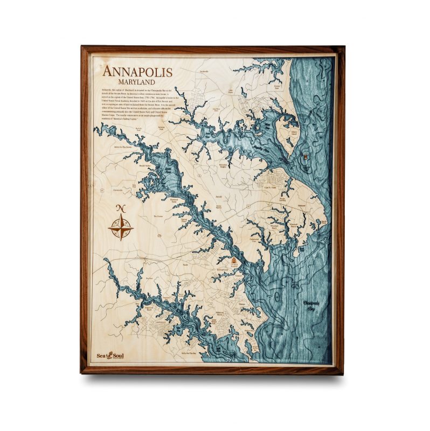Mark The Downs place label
point(158,217)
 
